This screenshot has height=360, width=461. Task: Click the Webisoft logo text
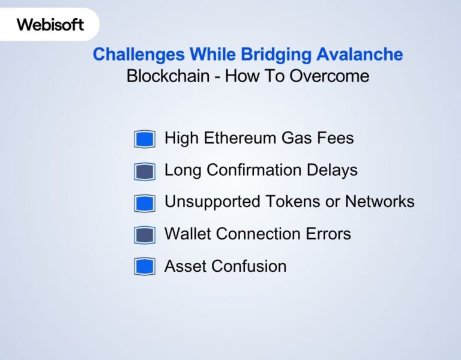point(50,25)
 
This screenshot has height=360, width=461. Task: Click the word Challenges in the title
point(139,55)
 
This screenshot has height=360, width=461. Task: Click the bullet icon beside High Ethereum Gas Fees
point(145,139)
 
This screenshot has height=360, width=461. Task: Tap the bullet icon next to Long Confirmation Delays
point(145,171)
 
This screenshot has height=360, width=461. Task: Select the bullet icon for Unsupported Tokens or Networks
point(145,203)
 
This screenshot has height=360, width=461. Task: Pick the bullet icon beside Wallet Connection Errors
point(145,235)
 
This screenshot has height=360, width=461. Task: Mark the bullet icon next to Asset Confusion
point(145,266)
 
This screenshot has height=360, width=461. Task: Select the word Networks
point(381,202)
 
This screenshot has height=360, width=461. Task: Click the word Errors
point(328,234)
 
